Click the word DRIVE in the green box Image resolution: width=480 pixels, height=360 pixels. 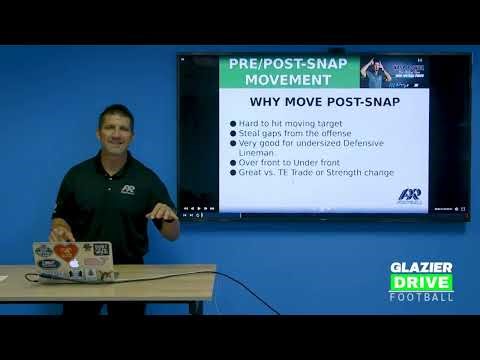421,282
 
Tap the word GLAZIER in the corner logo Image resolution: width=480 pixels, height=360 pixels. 421,268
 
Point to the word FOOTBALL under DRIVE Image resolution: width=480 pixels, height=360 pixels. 421,296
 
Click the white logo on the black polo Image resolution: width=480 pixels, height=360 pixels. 128,188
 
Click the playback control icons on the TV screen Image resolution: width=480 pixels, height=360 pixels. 200,209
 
